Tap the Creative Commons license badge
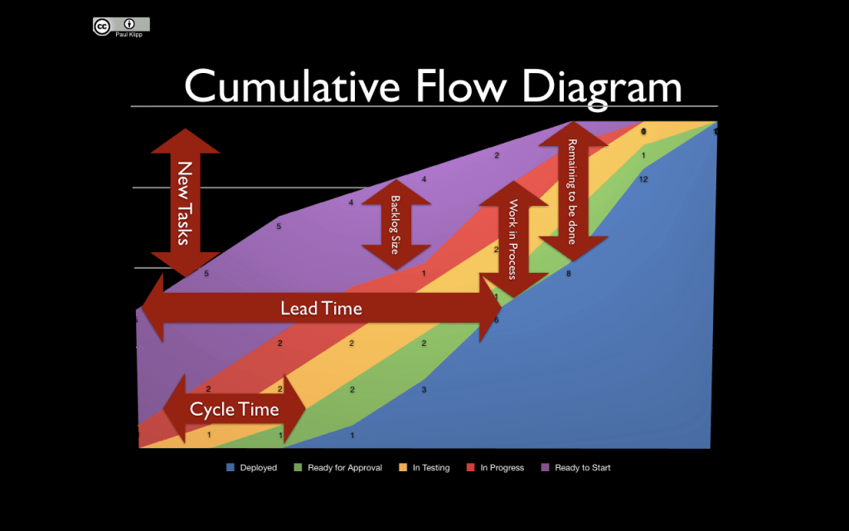(x=121, y=25)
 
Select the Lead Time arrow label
(x=321, y=309)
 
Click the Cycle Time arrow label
(x=234, y=409)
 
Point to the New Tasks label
(x=184, y=202)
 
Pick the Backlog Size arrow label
(x=395, y=224)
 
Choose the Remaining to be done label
(x=572, y=191)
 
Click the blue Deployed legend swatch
(x=230, y=468)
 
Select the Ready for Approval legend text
(x=345, y=468)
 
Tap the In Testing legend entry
(x=429, y=468)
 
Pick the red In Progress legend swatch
(x=470, y=468)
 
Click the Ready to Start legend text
(x=582, y=468)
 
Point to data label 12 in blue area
(x=643, y=179)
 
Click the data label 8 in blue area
(x=569, y=273)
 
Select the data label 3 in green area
(x=424, y=389)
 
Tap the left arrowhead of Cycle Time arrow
(x=174, y=409)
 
